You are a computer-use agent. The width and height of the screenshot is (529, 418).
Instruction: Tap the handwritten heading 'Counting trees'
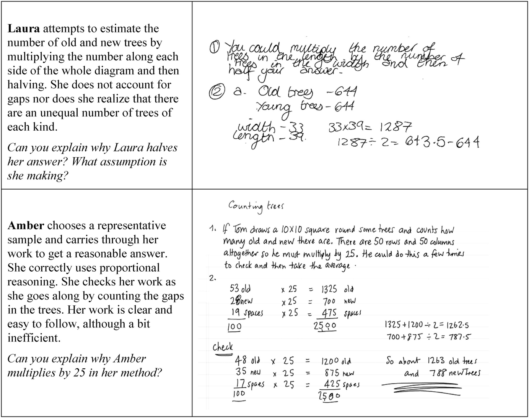point(256,206)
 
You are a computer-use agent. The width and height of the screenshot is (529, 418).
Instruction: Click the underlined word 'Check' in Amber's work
point(223,347)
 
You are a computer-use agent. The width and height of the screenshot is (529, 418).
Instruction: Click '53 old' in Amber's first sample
point(240,288)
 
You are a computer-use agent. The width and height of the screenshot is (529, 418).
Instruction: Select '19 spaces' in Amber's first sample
point(247,313)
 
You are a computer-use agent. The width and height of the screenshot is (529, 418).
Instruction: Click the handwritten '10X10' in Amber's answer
point(291,230)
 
